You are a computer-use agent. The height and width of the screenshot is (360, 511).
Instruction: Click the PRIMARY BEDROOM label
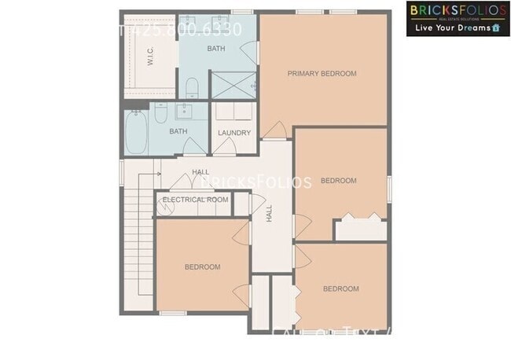click(322, 74)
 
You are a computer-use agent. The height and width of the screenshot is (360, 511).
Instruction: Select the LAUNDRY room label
click(234, 133)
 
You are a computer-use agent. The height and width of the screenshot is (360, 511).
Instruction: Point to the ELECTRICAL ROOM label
click(195, 200)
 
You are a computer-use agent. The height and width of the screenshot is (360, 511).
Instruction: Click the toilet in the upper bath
click(193, 85)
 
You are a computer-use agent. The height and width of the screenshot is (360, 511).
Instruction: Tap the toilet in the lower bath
click(160, 116)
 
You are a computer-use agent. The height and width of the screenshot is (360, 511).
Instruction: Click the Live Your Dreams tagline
click(452, 28)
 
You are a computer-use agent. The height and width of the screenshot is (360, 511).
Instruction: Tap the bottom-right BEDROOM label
click(341, 288)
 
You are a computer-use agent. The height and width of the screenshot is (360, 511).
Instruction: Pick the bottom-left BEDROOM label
click(202, 267)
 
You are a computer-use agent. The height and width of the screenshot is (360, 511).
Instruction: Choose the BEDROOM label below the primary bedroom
click(339, 181)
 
